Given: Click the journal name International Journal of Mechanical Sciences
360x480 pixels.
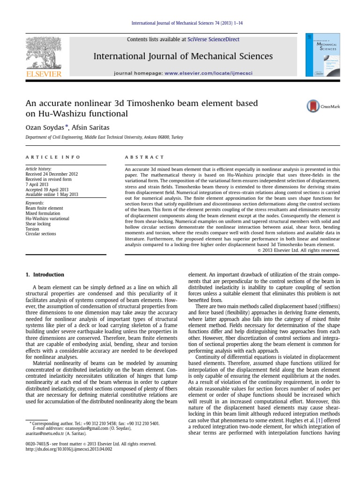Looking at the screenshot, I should point(183,56).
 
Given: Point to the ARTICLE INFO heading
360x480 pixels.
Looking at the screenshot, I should point(53,157).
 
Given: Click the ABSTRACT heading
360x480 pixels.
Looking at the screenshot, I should point(144,157).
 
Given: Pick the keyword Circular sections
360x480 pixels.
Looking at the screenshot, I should point(41,234).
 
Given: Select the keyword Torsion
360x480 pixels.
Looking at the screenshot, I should point(32,229).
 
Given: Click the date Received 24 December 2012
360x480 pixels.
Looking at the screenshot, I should point(52,174).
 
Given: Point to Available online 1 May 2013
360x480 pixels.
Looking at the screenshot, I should point(52,195).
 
